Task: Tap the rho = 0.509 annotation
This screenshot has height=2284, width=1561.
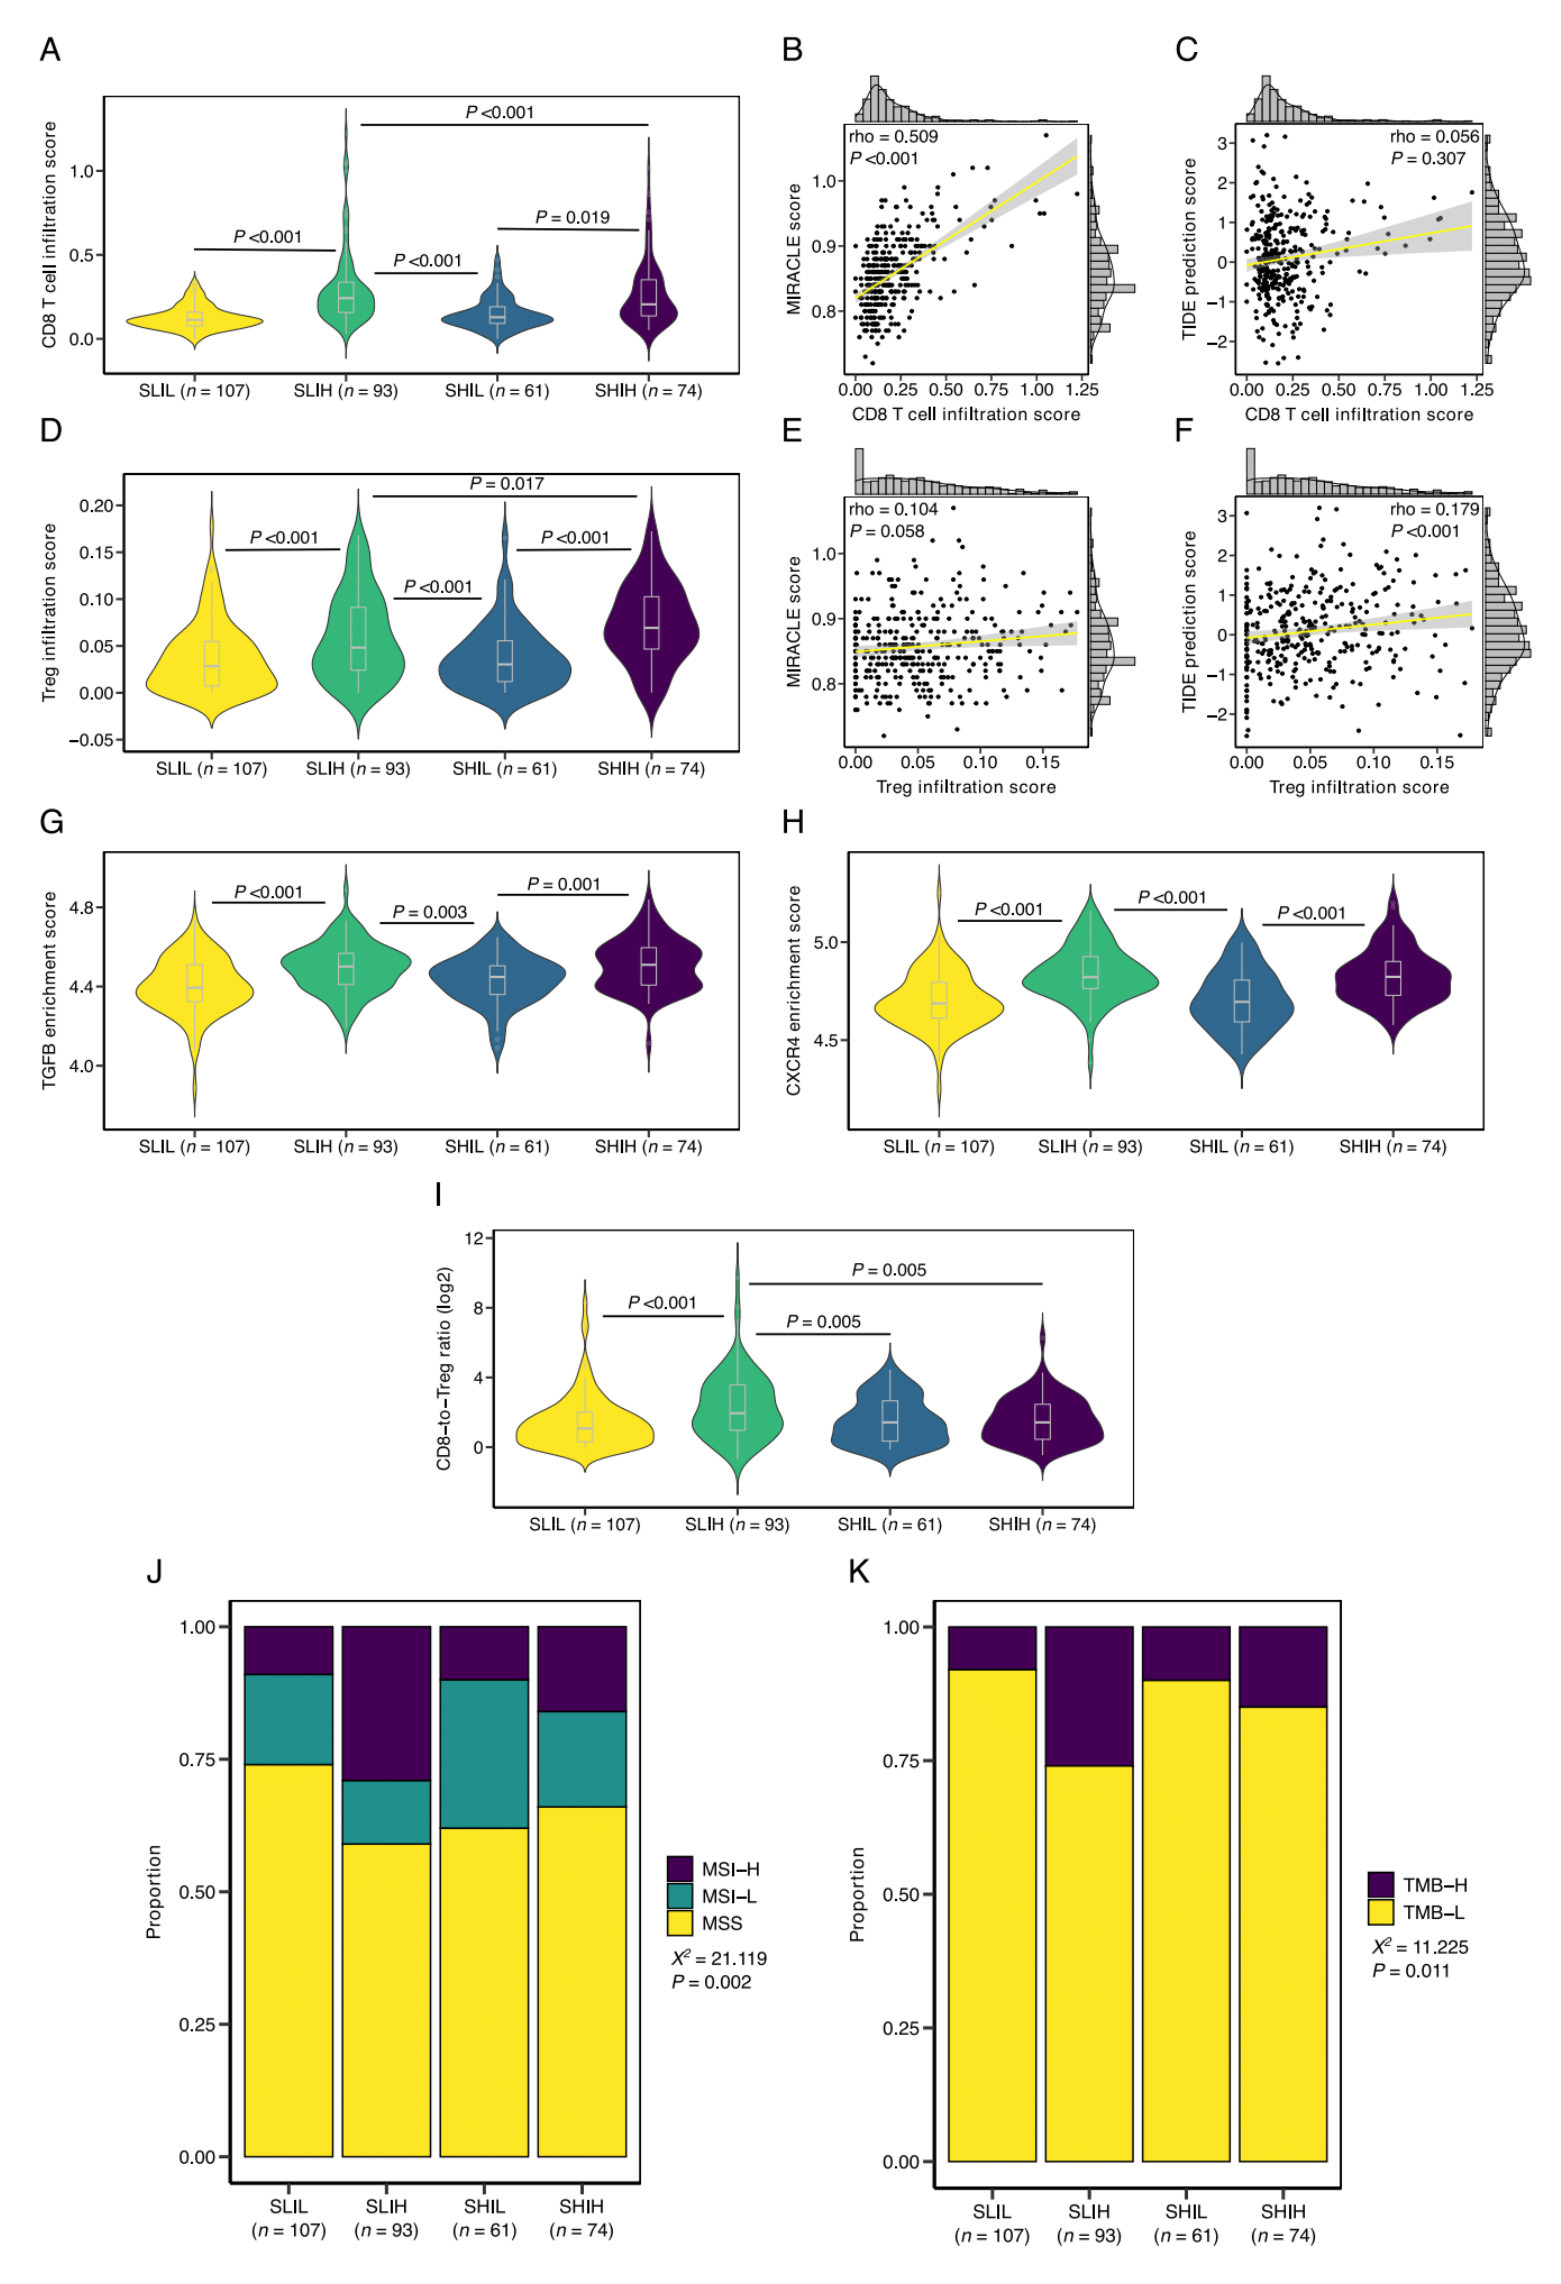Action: (x=894, y=137)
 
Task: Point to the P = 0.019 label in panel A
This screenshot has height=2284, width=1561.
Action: (x=572, y=217)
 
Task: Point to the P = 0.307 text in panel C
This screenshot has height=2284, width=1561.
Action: (x=1427, y=158)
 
